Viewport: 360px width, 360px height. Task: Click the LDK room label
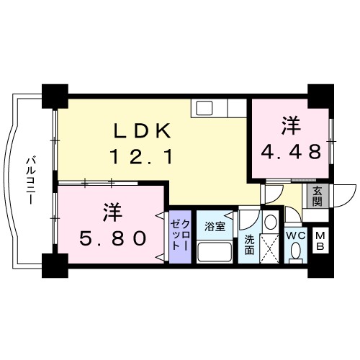[x=142, y=131]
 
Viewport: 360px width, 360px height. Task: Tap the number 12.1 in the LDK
[x=142, y=156]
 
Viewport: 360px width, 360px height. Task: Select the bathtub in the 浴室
[x=214, y=253]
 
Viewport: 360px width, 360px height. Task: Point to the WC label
[x=296, y=235]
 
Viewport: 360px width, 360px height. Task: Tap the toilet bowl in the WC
[x=296, y=252]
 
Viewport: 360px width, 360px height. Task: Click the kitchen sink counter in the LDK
[x=208, y=109]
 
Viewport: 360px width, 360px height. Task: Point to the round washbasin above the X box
[x=270, y=222]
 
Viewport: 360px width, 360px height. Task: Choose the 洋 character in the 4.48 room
[x=290, y=125]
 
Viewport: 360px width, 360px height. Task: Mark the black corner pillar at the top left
[x=54, y=96]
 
